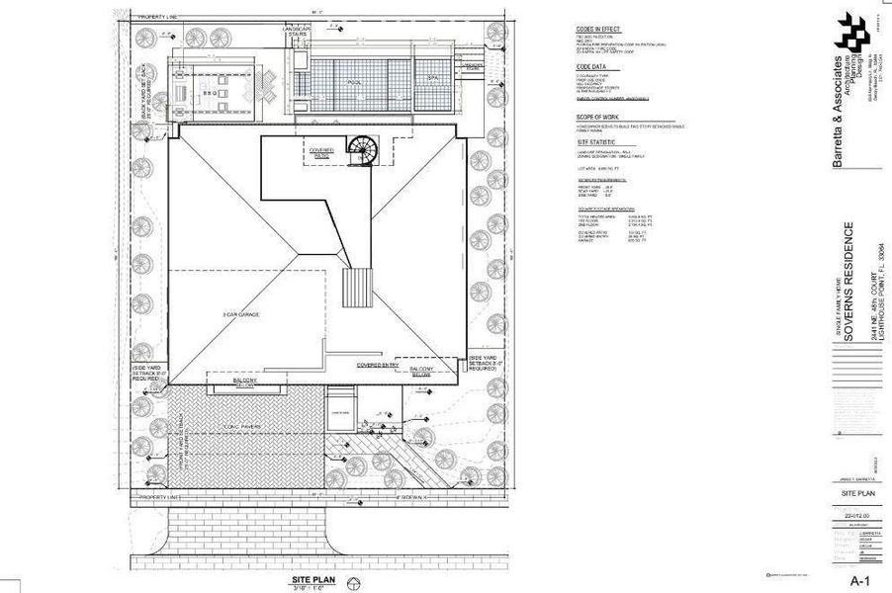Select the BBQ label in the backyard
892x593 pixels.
pyautogui.click(x=210, y=95)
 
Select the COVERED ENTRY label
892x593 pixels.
pyautogui.click(x=377, y=364)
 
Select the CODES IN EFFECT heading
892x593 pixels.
pyautogui.click(x=598, y=30)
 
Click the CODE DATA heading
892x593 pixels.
pyautogui.click(x=591, y=67)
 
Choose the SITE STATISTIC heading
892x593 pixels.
pyautogui.click(x=597, y=143)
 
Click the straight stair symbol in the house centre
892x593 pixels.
pyautogui.click(x=356, y=288)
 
